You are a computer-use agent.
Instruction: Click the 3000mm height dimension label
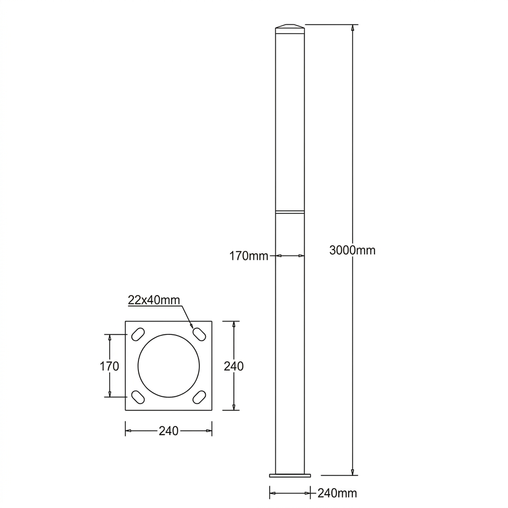click(352, 250)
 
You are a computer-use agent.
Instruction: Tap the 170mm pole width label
click(249, 256)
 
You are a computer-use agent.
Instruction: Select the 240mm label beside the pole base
click(337, 493)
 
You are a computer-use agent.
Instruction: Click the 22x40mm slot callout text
click(154, 300)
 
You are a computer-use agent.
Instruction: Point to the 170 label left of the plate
click(109, 366)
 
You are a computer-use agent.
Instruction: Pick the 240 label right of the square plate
click(234, 366)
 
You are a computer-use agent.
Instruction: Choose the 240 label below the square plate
click(169, 431)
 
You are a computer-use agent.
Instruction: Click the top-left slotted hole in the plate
click(138, 334)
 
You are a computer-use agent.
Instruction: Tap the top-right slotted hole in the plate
click(199, 334)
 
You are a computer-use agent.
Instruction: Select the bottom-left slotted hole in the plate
click(138, 397)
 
